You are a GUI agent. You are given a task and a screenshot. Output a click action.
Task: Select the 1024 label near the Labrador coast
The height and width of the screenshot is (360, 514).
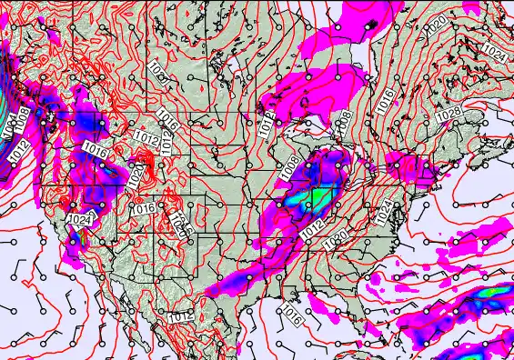pos(495,52)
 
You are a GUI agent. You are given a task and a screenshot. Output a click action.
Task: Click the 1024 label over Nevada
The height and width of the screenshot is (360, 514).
pos(80,219)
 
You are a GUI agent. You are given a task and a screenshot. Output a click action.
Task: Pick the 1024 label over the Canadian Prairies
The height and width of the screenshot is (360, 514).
pos(158,70)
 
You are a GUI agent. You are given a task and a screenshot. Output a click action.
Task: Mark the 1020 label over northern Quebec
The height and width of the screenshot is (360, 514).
pos(437,21)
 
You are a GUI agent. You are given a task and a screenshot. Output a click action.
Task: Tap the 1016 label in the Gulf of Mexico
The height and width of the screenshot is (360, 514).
pos(290,315)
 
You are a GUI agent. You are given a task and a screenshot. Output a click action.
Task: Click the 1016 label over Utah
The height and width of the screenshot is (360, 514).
pos(143,208)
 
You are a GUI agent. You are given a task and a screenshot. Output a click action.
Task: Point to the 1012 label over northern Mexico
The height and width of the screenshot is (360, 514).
pos(181,316)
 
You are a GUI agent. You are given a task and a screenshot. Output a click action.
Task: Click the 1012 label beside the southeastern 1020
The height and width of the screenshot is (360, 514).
pos(310,227)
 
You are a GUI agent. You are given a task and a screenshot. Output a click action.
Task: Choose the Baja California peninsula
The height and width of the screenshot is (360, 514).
pos(109,300)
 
